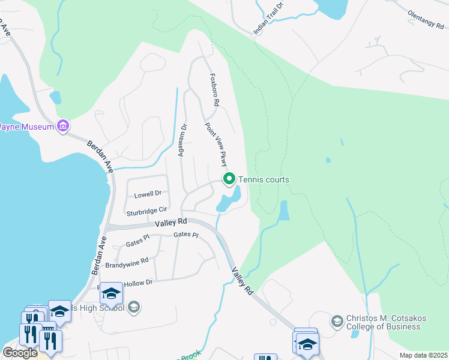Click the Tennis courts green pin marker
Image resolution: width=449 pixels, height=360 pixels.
coord(229,179)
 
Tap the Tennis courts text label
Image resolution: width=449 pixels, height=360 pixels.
coord(264,179)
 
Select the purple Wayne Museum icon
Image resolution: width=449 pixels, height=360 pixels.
coord(63,126)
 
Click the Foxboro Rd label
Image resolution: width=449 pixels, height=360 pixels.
coord(213,90)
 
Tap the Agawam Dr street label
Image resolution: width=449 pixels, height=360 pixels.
coord(182,140)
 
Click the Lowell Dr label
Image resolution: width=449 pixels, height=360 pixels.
coord(148,194)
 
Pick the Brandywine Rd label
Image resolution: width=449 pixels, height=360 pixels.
coord(127,262)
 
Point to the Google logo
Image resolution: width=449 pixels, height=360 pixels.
coord(20,352)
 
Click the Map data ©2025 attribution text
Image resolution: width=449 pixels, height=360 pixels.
coord(423,355)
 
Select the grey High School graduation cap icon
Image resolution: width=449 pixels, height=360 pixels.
coord(134,308)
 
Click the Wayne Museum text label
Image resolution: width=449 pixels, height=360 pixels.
coord(26,127)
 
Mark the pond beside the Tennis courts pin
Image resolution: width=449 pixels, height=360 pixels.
coord(229,200)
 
